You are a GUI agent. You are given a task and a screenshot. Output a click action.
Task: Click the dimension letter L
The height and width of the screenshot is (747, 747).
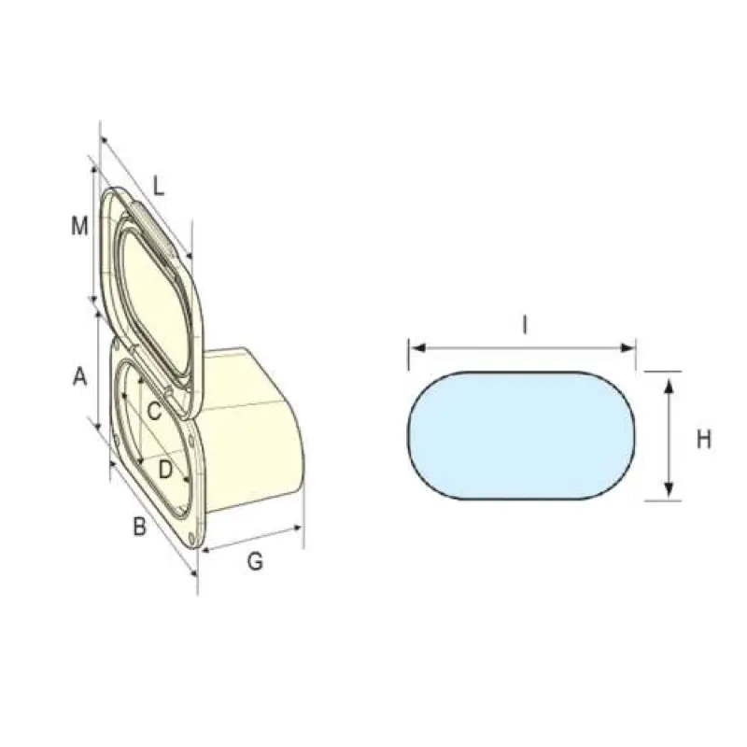click(x=158, y=186)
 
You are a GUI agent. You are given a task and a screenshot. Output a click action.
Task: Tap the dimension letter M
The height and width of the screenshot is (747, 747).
click(x=79, y=226)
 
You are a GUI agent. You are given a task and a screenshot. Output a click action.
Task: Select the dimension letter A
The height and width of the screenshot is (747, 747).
click(x=80, y=376)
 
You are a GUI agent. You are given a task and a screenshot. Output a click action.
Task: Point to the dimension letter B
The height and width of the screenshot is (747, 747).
click(x=139, y=527)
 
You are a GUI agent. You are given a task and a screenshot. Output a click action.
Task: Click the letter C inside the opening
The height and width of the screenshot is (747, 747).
click(x=154, y=411)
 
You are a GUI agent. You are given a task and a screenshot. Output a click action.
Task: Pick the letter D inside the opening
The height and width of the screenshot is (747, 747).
click(x=165, y=470)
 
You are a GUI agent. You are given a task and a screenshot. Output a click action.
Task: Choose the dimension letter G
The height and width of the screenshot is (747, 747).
click(x=255, y=561)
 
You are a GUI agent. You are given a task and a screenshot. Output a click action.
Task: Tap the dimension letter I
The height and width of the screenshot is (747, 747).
click(x=525, y=325)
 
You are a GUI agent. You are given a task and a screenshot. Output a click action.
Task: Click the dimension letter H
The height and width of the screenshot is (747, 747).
click(x=704, y=439)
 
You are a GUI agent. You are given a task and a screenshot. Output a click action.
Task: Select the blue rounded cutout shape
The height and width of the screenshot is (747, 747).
click(x=521, y=435)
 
